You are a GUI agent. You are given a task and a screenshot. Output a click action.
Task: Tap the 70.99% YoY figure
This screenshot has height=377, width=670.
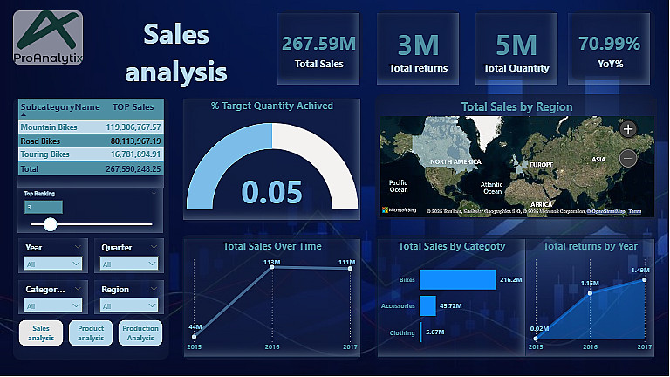(x=609, y=44)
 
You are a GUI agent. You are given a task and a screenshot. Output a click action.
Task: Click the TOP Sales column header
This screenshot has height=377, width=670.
(x=133, y=106)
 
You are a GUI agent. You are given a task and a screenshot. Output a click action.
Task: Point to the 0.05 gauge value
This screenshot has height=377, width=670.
(x=272, y=192)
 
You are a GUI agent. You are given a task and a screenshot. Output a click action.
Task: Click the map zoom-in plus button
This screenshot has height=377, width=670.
(x=628, y=129)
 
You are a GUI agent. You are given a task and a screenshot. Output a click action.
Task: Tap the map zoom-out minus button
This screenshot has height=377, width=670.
(x=628, y=158)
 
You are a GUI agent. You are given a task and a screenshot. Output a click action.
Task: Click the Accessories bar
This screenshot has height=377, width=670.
(x=427, y=306)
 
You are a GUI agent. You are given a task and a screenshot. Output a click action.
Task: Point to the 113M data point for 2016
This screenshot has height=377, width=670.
(x=273, y=268)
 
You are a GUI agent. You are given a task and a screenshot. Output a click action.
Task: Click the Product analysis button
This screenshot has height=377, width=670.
(x=91, y=333)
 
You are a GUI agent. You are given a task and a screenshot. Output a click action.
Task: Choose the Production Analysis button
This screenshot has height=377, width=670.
(x=140, y=333)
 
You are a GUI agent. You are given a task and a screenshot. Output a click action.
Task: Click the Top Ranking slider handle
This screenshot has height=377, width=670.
(x=51, y=224)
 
